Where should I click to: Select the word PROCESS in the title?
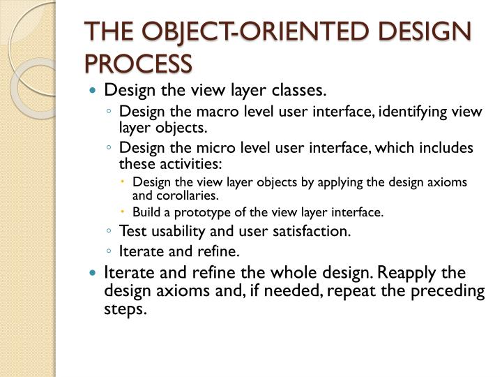[137, 64]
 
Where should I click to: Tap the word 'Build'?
[147, 212]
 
